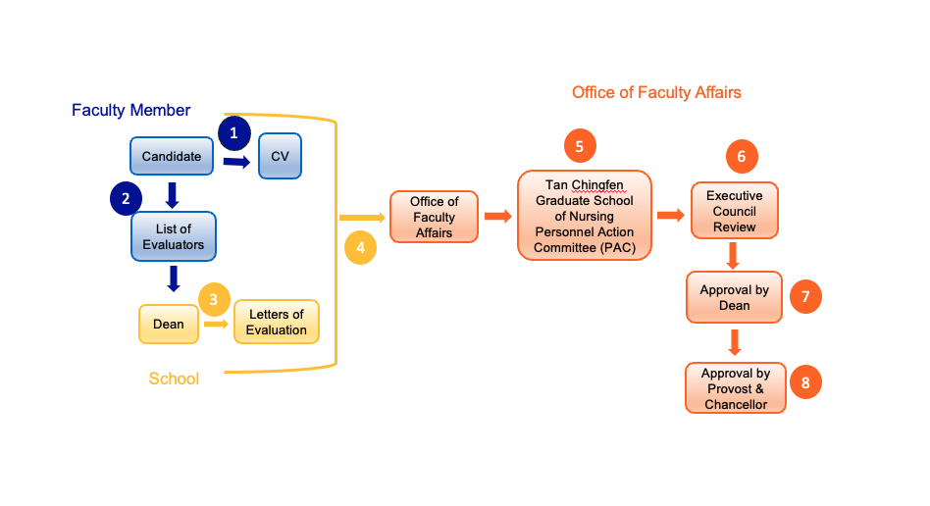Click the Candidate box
pyautogui.click(x=172, y=157)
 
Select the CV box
pyautogui.click(x=280, y=157)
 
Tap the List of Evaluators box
pyautogui.click(x=174, y=236)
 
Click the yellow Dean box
pyautogui.click(x=168, y=324)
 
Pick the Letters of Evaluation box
pyautogui.click(x=276, y=322)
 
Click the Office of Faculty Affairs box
pyautogui.click(x=434, y=217)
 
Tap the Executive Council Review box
pyautogui.click(x=734, y=211)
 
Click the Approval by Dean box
pyautogui.click(x=734, y=297)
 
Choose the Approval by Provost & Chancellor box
pyautogui.click(x=735, y=388)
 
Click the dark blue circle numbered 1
pyautogui.click(x=233, y=131)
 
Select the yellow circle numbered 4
pyautogui.click(x=360, y=248)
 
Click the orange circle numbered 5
pyautogui.click(x=580, y=146)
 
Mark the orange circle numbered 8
pyautogui.click(x=805, y=382)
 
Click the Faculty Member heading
pyautogui.click(x=131, y=110)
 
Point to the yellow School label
pyautogui.click(x=174, y=379)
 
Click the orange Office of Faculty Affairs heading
pyautogui.click(x=656, y=92)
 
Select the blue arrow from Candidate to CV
pyautogui.click(x=235, y=160)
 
